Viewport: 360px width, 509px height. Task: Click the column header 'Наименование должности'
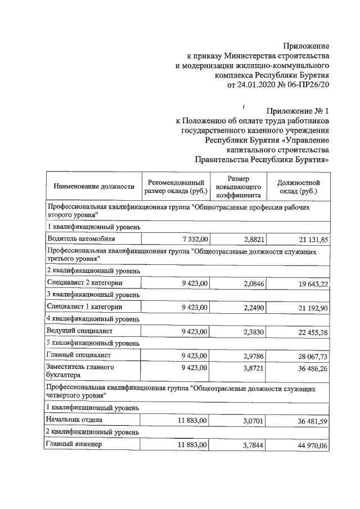pos(94,187)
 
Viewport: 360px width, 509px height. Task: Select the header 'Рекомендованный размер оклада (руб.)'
pos(176,187)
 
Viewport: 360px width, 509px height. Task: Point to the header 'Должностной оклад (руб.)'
pos(299,187)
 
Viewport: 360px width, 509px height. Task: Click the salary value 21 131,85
pos(310,240)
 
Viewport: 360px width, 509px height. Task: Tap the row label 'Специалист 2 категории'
pos(85,282)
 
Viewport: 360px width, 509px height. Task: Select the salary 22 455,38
pos(310,332)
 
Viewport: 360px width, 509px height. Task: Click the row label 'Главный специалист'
pos(79,355)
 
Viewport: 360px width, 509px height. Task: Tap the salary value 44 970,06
pos(310,445)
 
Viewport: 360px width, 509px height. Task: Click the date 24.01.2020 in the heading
pos(256,85)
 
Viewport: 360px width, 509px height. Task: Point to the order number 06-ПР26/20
pos(309,85)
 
